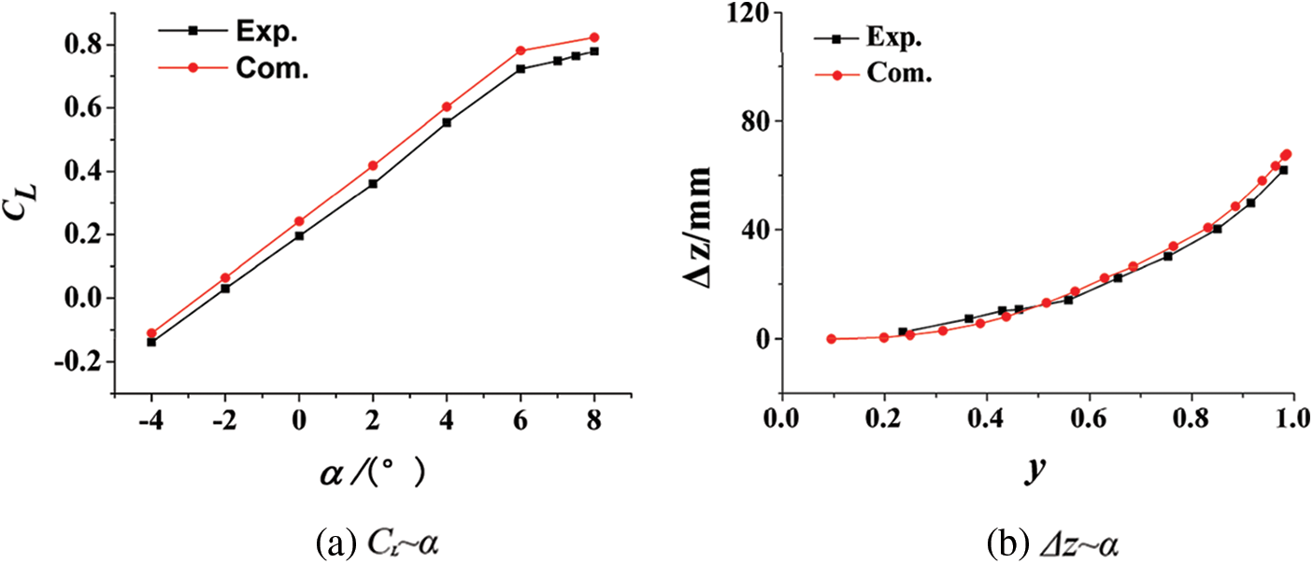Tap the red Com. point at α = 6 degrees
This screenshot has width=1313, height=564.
521,50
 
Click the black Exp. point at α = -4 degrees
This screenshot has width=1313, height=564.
151,342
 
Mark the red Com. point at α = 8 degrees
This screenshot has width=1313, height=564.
594,37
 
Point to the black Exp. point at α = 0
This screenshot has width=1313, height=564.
299,236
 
